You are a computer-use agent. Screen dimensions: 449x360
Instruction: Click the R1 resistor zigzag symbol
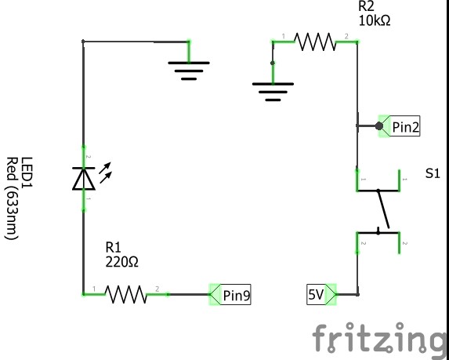126,294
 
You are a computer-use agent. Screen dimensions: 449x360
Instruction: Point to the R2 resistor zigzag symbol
315,42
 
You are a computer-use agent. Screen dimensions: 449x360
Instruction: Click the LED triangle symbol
84,179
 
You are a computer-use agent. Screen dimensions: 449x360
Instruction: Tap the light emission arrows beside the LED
105,173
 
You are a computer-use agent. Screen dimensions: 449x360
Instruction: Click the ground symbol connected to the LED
189,71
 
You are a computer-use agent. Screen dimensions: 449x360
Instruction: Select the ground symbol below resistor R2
273,92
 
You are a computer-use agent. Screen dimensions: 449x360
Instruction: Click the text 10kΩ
375,20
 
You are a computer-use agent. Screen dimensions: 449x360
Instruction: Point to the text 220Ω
121,262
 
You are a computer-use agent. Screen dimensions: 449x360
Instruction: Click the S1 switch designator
433,173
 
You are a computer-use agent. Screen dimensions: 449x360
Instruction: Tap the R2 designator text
366,6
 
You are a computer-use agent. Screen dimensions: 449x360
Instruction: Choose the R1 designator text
114,247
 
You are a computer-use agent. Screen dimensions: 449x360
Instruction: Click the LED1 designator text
27,172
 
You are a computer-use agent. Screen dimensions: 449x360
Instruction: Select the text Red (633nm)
12,198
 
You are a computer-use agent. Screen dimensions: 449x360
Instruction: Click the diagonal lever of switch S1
384,209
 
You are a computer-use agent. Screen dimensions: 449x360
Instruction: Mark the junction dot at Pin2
379,125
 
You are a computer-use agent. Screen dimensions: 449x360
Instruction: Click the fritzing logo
380,338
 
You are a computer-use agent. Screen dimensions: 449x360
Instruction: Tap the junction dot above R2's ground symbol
273,63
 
